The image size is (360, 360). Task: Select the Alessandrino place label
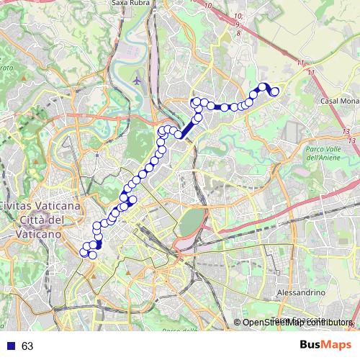[x=302, y=293]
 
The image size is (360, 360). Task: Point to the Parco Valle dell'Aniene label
[x=326, y=153]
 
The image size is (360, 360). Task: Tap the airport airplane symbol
[x=137, y=79]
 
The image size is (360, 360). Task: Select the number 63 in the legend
[x=27, y=346]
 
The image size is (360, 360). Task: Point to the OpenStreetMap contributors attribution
[x=296, y=323]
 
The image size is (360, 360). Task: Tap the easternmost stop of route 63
[x=274, y=91]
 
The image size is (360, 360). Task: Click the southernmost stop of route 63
[x=92, y=255]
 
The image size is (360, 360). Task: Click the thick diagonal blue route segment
[x=188, y=127]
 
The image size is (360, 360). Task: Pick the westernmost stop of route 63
[x=84, y=252]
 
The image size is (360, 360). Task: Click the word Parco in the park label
[x=317, y=148]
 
